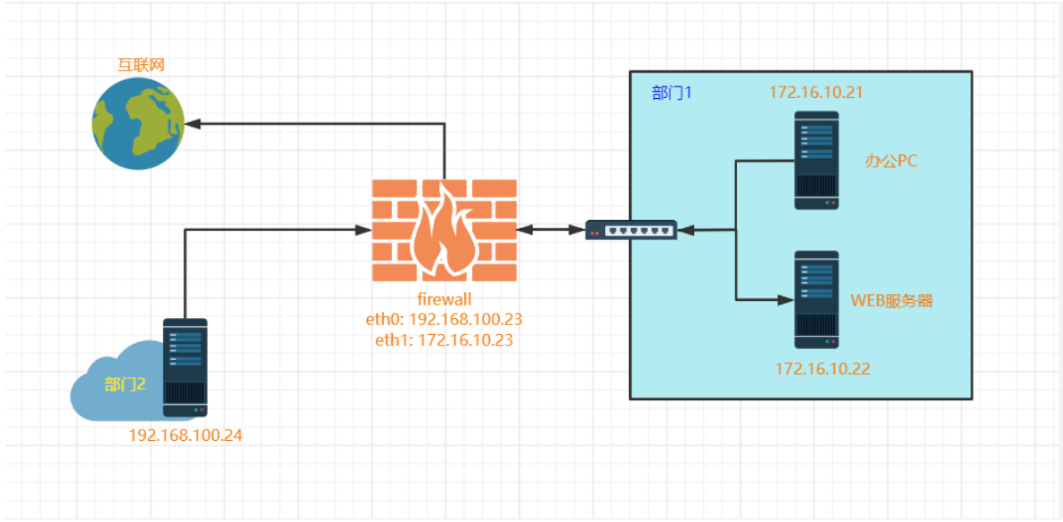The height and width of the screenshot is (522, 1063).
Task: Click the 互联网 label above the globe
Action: pyautogui.click(x=142, y=65)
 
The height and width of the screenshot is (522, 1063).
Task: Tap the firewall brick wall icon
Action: pyautogui.click(x=444, y=230)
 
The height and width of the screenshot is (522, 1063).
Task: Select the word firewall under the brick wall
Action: pyautogui.click(x=444, y=300)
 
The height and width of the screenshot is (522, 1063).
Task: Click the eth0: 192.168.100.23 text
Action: pyautogui.click(x=444, y=320)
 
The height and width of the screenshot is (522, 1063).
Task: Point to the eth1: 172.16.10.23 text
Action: pyautogui.click(x=444, y=339)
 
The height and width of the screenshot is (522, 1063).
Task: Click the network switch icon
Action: pyautogui.click(x=631, y=231)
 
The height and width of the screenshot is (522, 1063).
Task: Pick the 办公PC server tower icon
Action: pyautogui.click(x=816, y=160)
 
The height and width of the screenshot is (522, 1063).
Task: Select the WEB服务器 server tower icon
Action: pyautogui.click(x=816, y=299)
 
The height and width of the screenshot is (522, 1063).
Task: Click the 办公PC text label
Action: pyautogui.click(x=891, y=161)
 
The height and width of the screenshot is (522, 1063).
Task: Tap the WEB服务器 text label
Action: pyautogui.click(x=892, y=300)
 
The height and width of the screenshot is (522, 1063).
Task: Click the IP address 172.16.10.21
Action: pyautogui.click(x=816, y=92)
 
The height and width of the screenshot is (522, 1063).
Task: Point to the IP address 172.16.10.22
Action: pyautogui.click(x=822, y=368)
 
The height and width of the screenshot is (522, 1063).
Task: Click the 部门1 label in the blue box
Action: pyautogui.click(x=672, y=93)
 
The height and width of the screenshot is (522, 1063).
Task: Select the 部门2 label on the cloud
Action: pyautogui.click(x=124, y=384)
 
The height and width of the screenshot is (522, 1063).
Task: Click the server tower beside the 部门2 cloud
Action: pyautogui.click(x=185, y=367)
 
